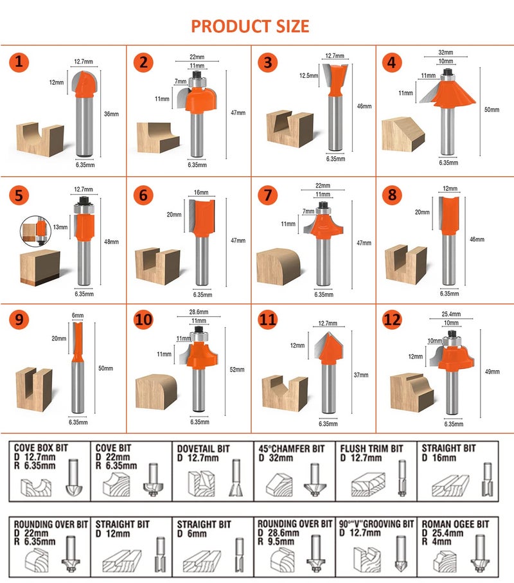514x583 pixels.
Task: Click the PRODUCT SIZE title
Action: point(250,26)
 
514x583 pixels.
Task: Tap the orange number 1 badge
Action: point(20,62)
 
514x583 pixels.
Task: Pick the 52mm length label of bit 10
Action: point(237,369)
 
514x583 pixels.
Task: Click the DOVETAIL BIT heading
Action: point(203,448)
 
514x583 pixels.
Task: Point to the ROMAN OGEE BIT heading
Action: point(456,525)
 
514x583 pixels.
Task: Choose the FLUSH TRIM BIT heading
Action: point(371,448)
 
